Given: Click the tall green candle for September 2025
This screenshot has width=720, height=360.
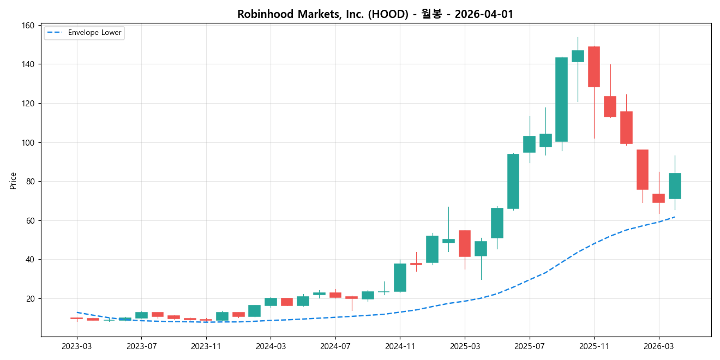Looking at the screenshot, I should (561, 99).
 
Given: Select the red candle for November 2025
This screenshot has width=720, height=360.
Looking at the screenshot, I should (594, 67).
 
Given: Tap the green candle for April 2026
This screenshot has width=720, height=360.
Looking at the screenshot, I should (675, 186).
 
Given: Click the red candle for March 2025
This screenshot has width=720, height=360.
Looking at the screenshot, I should (465, 243).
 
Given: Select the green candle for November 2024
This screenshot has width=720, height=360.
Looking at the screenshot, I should (400, 278).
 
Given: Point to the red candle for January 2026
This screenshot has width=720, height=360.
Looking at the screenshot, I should (626, 127).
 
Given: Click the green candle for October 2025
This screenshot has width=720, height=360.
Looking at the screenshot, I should (578, 56).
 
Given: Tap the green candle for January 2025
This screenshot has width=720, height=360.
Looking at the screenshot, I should (432, 249).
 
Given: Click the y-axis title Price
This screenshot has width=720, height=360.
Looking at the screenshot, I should (13, 181).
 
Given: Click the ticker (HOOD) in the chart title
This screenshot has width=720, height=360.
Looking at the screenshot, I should (388, 14).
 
